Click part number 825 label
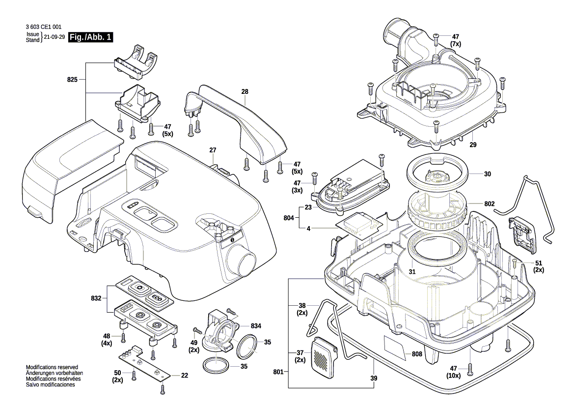point(72,79)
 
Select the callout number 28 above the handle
point(245,91)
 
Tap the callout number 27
point(213,150)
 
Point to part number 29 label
point(473,145)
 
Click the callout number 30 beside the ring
point(488,174)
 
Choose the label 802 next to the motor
point(489,203)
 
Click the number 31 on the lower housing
point(412,272)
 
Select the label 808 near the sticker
point(417,353)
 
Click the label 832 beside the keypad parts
point(96,298)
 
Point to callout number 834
point(256,326)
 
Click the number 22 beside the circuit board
point(184,376)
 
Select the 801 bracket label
point(278,372)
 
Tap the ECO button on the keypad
point(156,297)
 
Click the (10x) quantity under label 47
point(453,376)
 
